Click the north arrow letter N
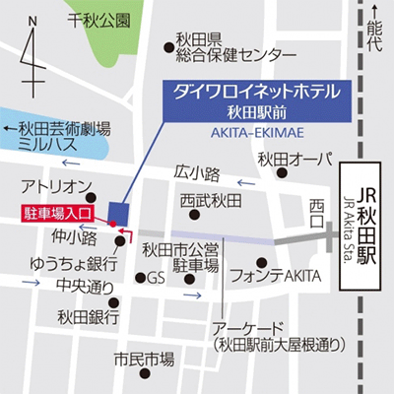coord(33,21)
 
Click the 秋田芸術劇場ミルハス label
coord(63,135)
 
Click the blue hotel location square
coord(120,211)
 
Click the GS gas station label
coord(156,278)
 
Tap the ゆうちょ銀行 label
coord(60,263)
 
